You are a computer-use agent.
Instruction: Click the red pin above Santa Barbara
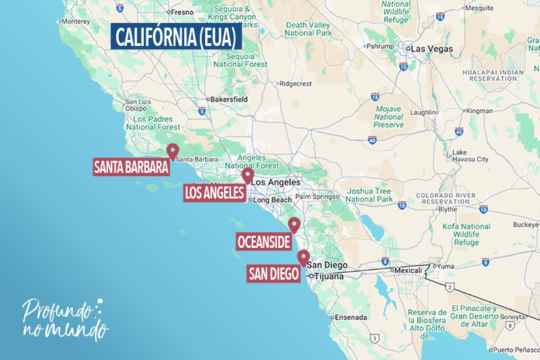click(x=173, y=151)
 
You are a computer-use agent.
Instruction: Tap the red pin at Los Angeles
click(x=248, y=175)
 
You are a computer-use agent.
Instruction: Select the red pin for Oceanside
click(x=294, y=225)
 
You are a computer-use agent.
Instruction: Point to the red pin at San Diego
click(x=304, y=257)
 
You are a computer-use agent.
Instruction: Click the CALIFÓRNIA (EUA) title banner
click(x=175, y=38)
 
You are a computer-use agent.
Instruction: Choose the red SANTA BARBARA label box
click(x=131, y=166)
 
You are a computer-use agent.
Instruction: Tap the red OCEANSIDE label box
click(x=263, y=241)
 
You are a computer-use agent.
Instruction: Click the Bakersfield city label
click(x=210, y=99)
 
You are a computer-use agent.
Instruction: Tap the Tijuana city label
click(x=330, y=276)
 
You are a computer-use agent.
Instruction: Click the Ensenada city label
click(x=351, y=317)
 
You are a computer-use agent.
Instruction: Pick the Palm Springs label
click(x=316, y=197)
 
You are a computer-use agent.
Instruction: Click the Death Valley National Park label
click(x=308, y=28)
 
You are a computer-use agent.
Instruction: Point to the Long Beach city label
click(x=272, y=200)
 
